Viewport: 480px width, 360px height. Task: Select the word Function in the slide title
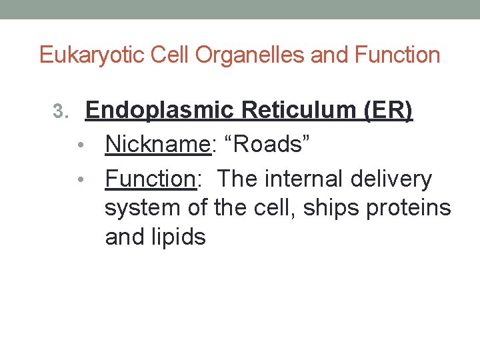[399, 55]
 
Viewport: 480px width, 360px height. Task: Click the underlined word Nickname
[158, 143]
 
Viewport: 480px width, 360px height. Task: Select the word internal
[305, 179]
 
